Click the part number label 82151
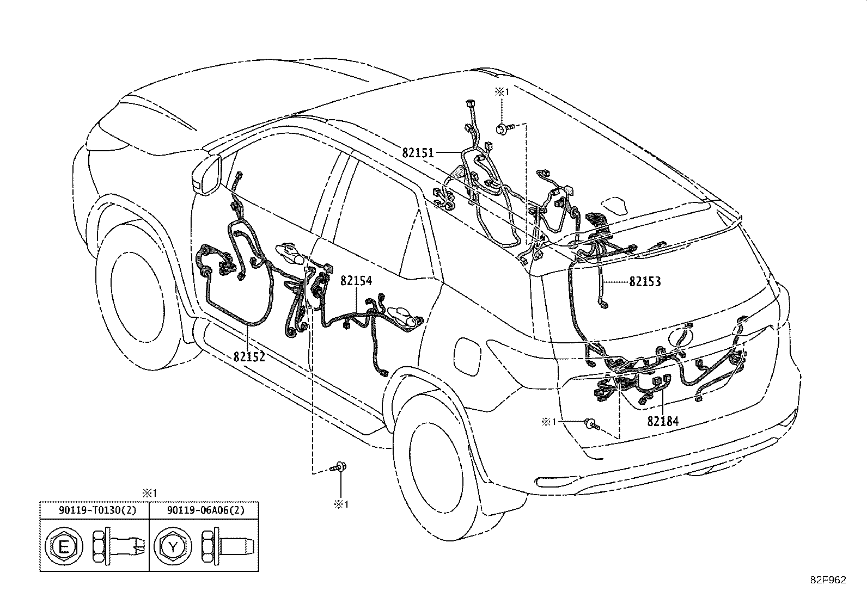[418, 153]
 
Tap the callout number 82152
[249, 356]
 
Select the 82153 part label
[645, 282]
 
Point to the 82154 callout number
[356, 280]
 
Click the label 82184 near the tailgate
[663, 421]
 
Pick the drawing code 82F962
[828, 580]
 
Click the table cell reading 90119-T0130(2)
[97, 510]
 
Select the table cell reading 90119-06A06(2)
[206, 510]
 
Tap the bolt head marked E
[64, 546]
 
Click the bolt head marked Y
[173, 546]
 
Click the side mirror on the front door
[207, 174]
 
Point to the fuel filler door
[468, 356]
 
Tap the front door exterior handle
[290, 254]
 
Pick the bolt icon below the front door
[338, 467]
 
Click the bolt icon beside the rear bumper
[592, 424]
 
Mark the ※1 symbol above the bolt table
[149, 493]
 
